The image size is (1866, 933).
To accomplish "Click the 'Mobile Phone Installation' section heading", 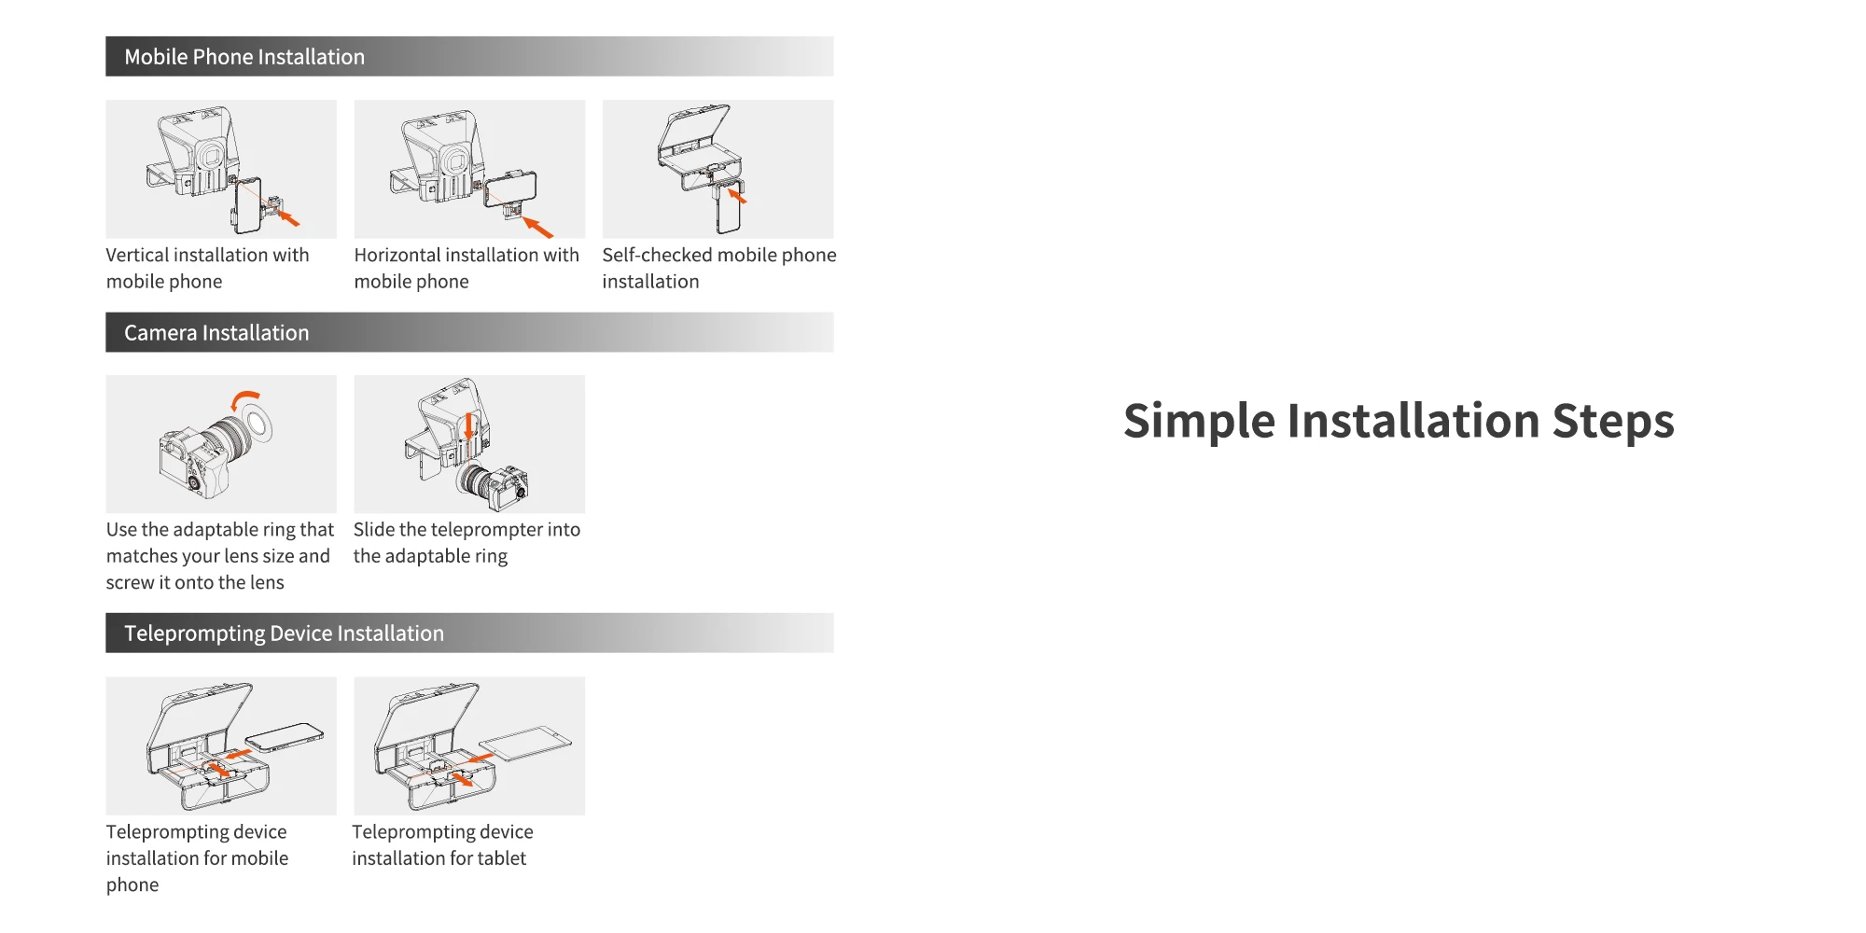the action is pyautogui.click(x=244, y=57).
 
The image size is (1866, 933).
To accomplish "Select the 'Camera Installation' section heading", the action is pyautogui.click(x=216, y=333).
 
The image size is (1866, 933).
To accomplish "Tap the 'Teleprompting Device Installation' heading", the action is pyautogui.click(x=284, y=634).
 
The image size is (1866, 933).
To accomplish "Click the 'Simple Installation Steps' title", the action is pyautogui.click(x=1399, y=421).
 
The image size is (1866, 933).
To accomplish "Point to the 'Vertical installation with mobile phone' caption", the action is pyautogui.click(x=207, y=269).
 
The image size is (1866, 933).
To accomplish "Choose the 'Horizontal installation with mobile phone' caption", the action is pyautogui.click(x=466, y=269).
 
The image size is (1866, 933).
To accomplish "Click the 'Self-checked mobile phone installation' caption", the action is pyautogui.click(x=718, y=269).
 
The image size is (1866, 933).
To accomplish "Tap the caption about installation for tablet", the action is pyautogui.click(x=442, y=845).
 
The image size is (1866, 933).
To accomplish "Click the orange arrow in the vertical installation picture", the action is pyautogui.click(x=289, y=219).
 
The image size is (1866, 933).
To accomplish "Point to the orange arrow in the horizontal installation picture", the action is pyautogui.click(x=537, y=227).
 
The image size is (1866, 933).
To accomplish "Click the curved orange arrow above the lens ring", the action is pyautogui.click(x=244, y=398).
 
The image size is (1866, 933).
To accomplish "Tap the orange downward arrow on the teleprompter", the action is pyautogui.click(x=469, y=426).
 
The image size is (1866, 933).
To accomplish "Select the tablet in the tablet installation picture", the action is pyautogui.click(x=525, y=744).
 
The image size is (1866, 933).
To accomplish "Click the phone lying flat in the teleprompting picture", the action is pyautogui.click(x=285, y=737).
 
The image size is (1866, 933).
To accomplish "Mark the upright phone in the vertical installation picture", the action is pyautogui.click(x=247, y=206).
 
